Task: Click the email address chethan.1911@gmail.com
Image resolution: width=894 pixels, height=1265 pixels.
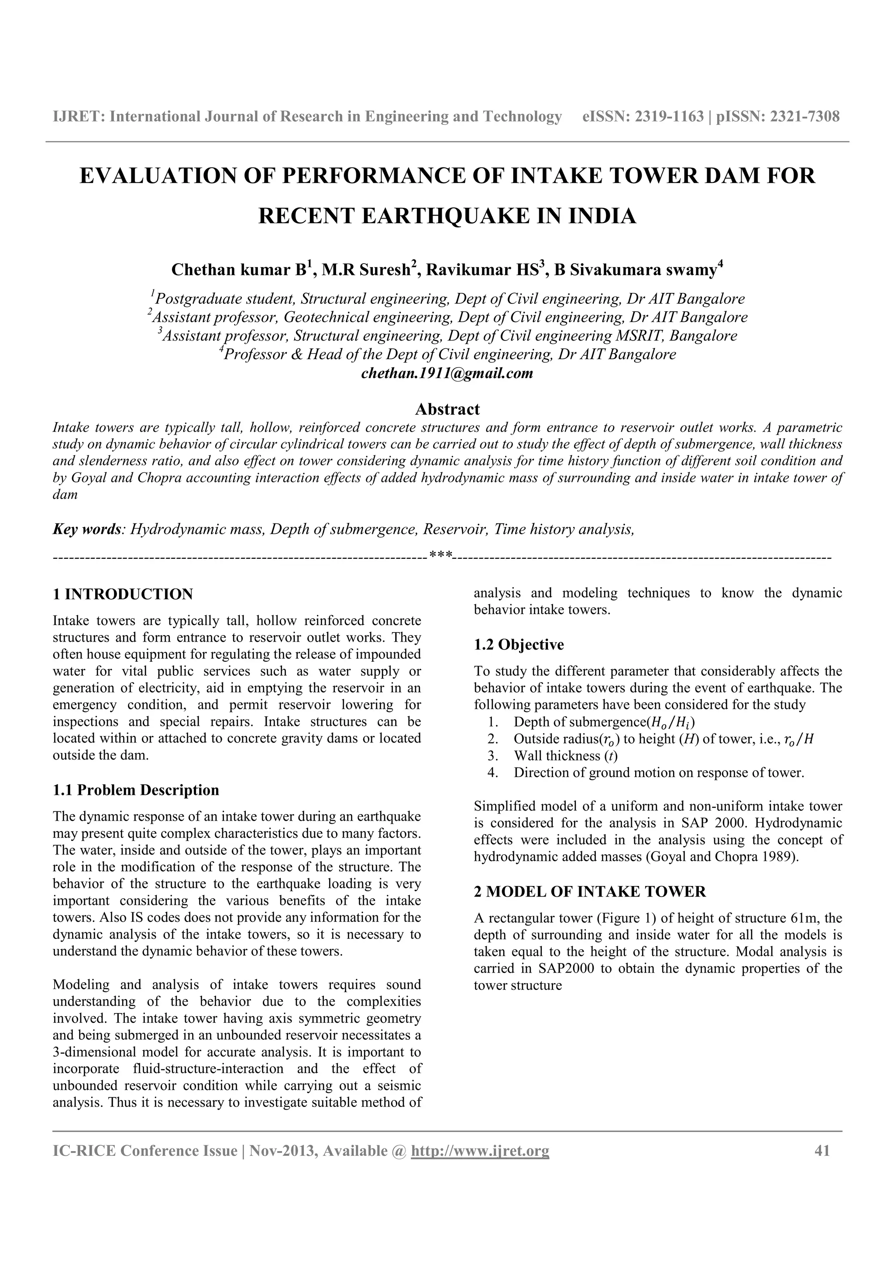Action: (447, 374)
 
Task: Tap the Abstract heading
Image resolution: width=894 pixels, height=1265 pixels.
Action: (447, 409)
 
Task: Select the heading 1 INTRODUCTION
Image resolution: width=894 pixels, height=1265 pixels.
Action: (123, 594)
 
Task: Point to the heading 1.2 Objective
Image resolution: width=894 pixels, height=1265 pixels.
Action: (519, 645)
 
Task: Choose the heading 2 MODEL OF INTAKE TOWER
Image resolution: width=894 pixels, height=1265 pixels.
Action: (590, 891)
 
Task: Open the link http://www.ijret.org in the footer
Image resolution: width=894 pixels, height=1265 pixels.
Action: (480, 1151)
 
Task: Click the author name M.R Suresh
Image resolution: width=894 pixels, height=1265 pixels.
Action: (366, 270)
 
